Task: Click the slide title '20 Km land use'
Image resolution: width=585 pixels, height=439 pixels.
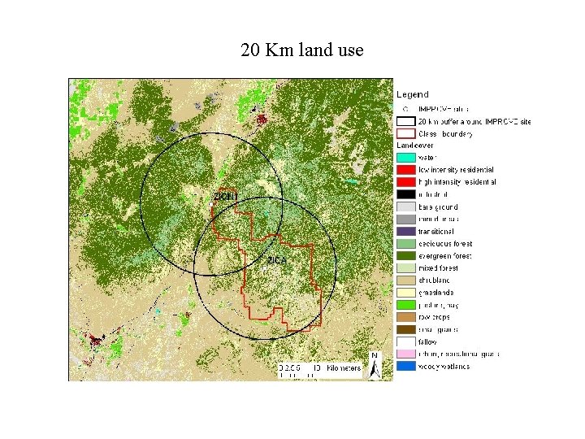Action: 301,50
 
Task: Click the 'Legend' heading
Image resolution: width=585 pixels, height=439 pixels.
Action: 413,95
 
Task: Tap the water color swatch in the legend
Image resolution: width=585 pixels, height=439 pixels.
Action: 405,157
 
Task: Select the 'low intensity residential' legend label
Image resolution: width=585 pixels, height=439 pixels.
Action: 456,169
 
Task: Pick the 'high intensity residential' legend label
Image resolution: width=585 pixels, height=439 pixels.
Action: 457,182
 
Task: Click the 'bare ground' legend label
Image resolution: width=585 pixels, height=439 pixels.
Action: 438,206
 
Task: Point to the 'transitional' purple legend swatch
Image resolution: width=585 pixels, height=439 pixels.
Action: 405,231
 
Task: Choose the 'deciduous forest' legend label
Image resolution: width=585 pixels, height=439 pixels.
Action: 444,243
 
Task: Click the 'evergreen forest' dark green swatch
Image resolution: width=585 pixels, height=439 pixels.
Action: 405,255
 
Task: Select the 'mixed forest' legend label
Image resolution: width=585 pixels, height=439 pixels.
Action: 438,267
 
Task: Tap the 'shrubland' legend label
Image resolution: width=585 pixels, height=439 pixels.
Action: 435,280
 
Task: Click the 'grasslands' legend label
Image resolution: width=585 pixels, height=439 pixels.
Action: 436,292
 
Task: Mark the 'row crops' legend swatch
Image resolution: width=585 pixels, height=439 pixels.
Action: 405,317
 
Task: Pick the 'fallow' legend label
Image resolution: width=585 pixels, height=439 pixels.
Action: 427,341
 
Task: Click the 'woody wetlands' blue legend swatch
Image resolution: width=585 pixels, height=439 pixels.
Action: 405,366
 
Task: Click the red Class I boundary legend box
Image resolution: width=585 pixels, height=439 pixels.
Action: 405,133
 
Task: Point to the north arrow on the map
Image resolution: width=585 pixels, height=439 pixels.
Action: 375,365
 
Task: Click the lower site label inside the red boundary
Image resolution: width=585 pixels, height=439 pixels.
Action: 276,259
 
